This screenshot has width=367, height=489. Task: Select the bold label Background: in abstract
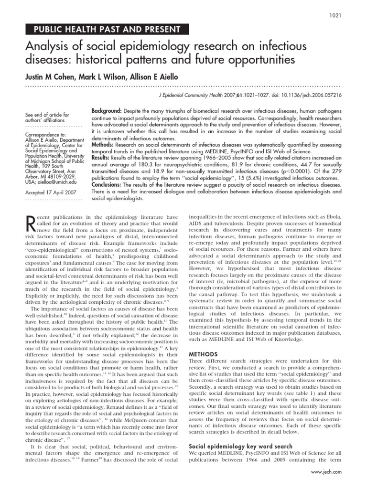click(x=106, y=111)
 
